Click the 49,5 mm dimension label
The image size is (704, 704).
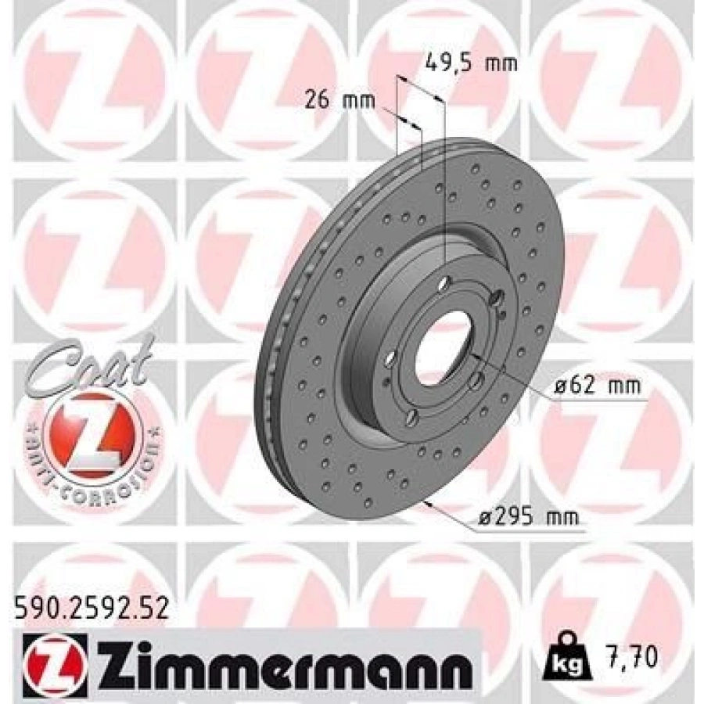tap(471, 63)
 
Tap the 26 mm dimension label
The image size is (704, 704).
tap(339, 100)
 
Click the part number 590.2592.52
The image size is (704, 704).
tap(92, 607)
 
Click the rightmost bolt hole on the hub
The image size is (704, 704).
tap(496, 298)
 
